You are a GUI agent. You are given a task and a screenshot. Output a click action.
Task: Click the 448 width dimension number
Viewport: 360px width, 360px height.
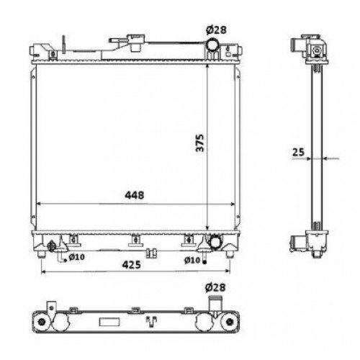(134, 195)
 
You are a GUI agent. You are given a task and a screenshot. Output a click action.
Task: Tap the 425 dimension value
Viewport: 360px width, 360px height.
(130, 264)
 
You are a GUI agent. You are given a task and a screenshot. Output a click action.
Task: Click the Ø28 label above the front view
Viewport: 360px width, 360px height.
(216, 29)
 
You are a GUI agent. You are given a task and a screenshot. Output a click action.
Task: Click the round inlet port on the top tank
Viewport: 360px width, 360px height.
(214, 48)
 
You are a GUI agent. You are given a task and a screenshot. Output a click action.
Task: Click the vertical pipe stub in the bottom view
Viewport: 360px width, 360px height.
(214, 303)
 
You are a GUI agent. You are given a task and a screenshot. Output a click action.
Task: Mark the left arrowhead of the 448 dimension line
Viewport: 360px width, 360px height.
(38, 203)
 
